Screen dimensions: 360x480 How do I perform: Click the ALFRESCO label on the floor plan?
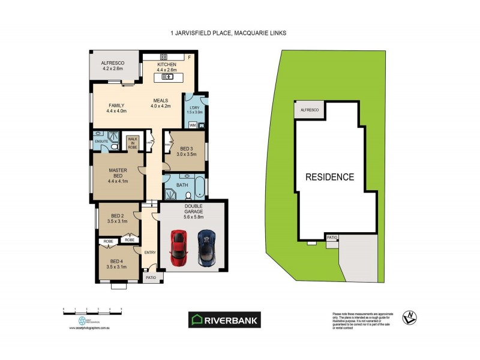112,62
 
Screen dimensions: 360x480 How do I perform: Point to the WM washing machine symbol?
193,125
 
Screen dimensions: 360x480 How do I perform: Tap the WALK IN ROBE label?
133,142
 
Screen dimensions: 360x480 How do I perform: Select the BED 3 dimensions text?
186,154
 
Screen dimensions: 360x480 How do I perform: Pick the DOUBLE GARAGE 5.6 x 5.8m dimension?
193,217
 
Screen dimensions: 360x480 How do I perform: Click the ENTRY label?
150,253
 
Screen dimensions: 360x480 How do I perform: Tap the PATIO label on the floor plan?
150,277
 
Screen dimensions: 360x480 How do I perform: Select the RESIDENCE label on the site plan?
329,177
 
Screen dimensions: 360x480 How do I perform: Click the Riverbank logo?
225,320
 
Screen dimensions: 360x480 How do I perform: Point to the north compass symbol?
410,319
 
